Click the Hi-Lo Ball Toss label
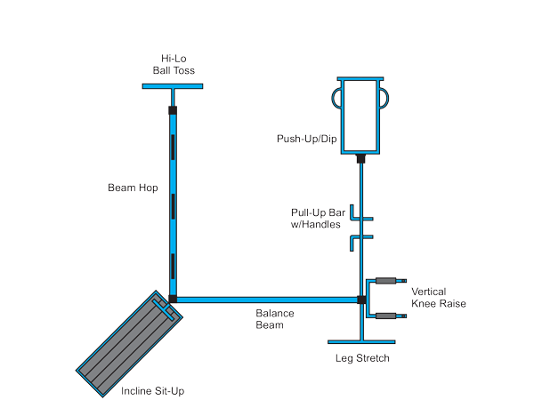tap(173, 64)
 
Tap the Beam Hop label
tap(133, 188)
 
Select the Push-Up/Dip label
tap(300, 140)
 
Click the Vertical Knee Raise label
tap(438, 298)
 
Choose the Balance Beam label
tap(275, 319)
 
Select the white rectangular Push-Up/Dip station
tap(361, 116)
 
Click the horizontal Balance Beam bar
tap(267, 300)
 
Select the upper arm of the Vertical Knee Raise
tap(384, 281)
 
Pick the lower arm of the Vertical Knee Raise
tap(384, 315)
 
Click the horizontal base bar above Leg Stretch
tap(362, 341)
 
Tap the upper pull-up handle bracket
tap(355, 214)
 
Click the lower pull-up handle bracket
tap(355, 237)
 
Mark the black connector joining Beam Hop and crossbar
tap(173, 111)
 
